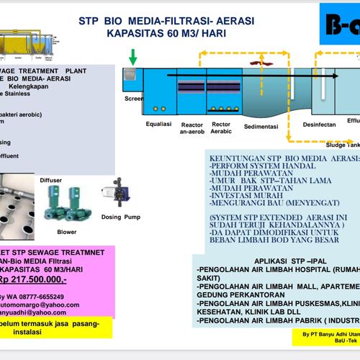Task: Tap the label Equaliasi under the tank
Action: (x=156, y=122)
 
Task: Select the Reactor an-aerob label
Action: (x=192, y=128)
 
